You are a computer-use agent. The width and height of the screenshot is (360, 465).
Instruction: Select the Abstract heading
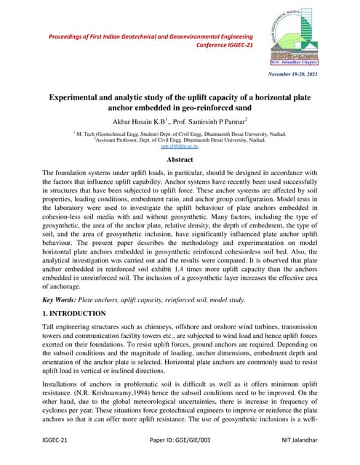click(x=180, y=156)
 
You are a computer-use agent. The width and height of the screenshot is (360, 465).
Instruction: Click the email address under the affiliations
click(x=180, y=145)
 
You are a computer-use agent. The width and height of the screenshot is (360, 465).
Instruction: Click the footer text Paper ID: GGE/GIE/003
click(x=180, y=441)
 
